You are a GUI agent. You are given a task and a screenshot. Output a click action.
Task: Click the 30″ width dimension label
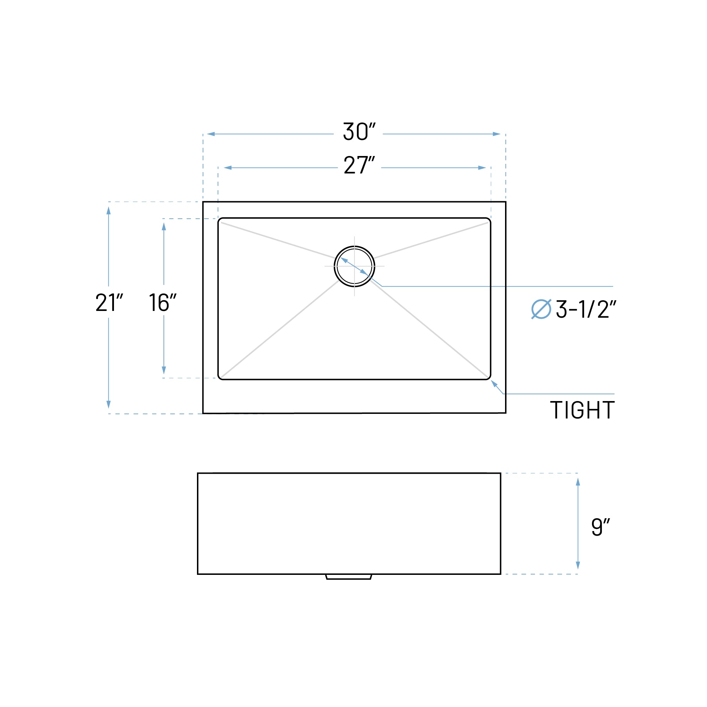point(359,131)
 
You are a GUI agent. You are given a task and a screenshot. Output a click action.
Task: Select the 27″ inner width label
point(359,165)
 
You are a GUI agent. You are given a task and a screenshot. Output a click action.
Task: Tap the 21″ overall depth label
point(109,302)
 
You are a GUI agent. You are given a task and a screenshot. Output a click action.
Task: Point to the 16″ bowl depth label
point(162,302)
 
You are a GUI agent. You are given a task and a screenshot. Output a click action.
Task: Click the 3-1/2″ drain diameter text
point(586,309)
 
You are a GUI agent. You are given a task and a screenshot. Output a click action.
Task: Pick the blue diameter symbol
point(541,309)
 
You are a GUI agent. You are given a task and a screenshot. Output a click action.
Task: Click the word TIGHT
point(582,410)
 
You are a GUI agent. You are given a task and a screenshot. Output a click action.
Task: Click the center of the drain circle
point(354,266)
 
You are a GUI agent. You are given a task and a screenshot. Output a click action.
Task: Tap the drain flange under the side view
point(349,577)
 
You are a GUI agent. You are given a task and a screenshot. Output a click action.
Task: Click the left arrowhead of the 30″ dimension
point(211,134)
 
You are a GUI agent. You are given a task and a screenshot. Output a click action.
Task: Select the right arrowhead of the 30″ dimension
point(496,134)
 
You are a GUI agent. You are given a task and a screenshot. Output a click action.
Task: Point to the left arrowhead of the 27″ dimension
point(228,168)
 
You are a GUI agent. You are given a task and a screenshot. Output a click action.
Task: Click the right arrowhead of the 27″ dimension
point(482,168)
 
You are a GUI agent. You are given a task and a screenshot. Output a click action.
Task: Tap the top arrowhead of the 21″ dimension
point(108,210)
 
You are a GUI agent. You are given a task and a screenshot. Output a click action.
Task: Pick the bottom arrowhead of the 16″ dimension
point(163,370)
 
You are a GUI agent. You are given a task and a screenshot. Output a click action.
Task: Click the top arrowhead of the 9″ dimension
point(578,482)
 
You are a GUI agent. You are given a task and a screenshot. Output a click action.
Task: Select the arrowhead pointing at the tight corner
point(494,383)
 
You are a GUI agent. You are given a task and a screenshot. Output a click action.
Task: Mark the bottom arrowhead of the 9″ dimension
point(578,565)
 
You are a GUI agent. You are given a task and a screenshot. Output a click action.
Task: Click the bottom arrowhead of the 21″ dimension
point(108,404)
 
